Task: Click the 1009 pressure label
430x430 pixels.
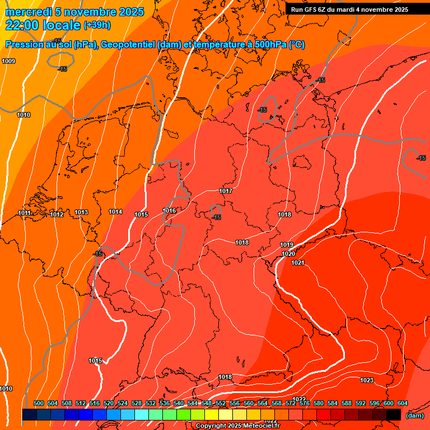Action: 8,61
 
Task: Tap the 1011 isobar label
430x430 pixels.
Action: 24,213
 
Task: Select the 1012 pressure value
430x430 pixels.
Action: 57,214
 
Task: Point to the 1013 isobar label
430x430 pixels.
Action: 81,213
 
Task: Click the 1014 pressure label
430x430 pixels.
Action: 115,212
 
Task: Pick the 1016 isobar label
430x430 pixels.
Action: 169,211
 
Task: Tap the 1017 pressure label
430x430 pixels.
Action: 226,191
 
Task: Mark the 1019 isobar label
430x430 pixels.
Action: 287,245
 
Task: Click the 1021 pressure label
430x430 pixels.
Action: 297,263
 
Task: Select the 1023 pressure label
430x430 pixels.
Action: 367,381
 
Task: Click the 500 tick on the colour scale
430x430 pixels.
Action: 39,404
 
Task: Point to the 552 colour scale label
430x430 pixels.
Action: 221,404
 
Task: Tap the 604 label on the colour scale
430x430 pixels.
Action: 403,404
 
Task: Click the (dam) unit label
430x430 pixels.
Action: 414,415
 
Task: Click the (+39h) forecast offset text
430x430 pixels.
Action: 97,25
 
